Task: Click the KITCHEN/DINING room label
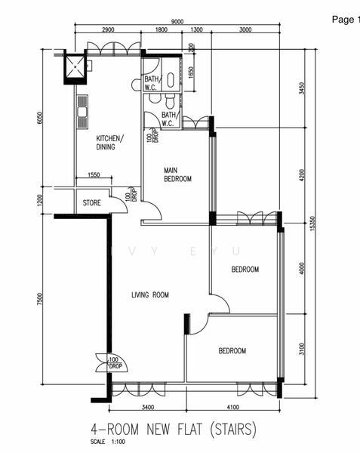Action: [109, 143]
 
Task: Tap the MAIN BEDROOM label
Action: [178, 175]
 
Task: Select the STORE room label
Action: [92, 202]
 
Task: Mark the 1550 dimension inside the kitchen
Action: [94, 176]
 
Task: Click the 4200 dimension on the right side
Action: [301, 175]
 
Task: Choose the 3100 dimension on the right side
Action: [301, 349]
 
